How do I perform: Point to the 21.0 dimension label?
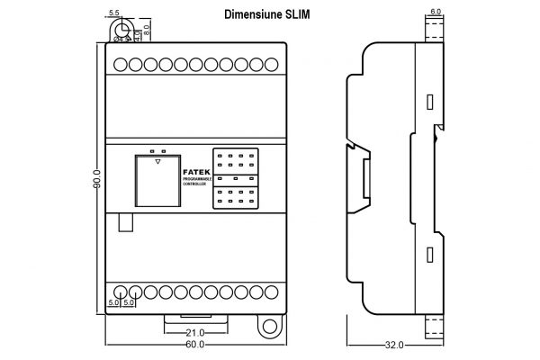tap(195, 332)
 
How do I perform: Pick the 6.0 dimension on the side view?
tap(436, 12)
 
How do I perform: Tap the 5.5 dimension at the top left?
tap(113, 13)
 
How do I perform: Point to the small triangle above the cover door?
tap(157, 163)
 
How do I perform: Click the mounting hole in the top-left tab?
tap(121, 31)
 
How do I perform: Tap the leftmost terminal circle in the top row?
tap(120, 65)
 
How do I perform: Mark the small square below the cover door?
tap(124, 222)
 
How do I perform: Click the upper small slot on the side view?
tap(429, 102)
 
